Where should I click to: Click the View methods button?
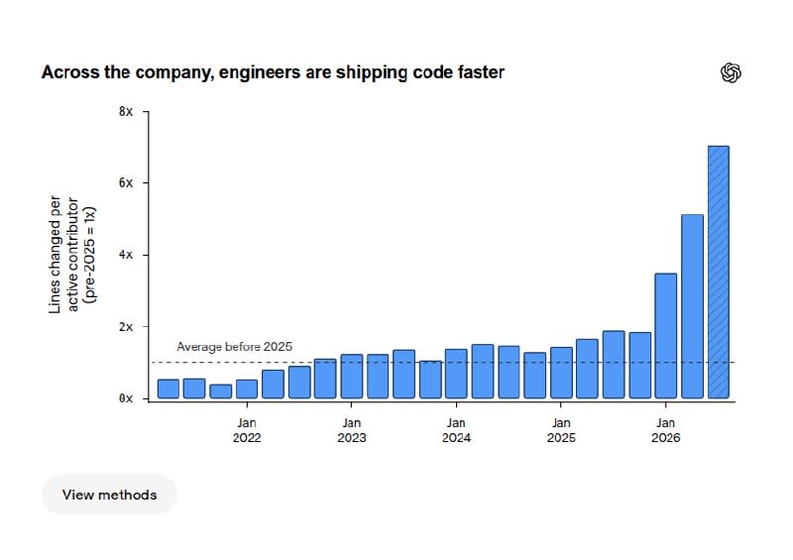(x=109, y=495)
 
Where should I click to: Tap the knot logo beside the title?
(x=731, y=72)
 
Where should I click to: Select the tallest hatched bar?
(x=718, y=273)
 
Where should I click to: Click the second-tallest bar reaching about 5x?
(x=692, y=306)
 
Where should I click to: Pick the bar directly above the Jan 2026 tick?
(x=665, y=336)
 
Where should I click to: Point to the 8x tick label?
(x=126, y=111)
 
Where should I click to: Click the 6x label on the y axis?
(x=126, y=183)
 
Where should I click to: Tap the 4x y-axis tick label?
(x=126, y=255)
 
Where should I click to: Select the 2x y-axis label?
(x=126, y=327)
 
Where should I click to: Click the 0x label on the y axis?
(x=126, y=398)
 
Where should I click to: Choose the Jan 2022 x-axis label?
(x=247, y=430)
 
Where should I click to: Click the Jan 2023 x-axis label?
(x=352, y=430)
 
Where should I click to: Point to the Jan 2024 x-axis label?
(x=456, y=430)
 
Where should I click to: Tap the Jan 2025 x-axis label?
(x=561, y=430)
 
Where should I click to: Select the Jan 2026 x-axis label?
(x=665, y=430)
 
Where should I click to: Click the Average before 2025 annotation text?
(x=234, y=347)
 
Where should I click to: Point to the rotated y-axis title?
(x=71, y=255)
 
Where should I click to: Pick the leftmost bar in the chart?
(x=169, y=389)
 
